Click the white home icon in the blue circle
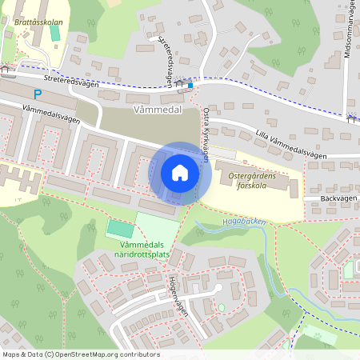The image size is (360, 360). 180,173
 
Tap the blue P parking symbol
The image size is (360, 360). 38,94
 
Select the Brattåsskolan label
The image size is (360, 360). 39,23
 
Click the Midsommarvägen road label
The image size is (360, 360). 347,31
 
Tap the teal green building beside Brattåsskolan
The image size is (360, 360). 55,10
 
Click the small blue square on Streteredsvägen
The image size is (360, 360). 190,82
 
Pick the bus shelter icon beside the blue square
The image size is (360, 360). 181,82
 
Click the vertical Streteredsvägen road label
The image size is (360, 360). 167,58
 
